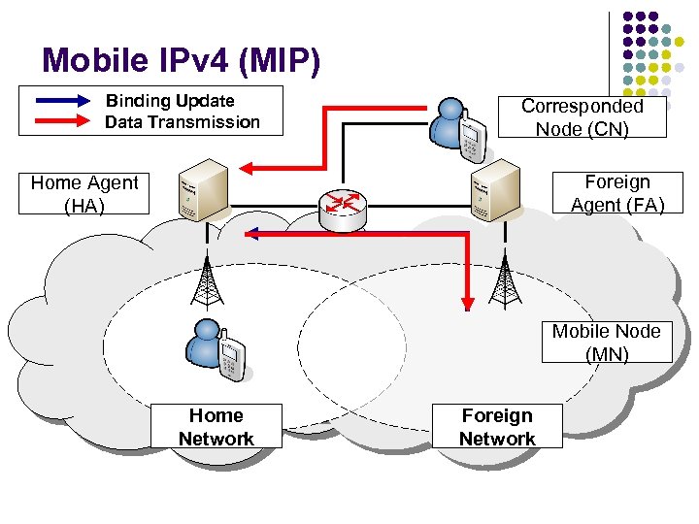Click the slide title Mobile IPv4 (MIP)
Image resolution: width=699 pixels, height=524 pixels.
181,60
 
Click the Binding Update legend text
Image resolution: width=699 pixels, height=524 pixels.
170,101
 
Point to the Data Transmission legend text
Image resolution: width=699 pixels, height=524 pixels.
183,122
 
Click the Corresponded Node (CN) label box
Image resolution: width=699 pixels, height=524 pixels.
582,117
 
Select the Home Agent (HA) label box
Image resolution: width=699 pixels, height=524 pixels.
85,194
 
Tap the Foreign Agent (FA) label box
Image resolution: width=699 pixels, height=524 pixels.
616,193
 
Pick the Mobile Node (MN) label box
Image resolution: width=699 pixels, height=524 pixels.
606,343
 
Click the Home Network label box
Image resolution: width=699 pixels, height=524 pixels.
216,427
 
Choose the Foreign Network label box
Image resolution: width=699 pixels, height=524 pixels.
497,427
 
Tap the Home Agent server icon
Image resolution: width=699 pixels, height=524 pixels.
202,193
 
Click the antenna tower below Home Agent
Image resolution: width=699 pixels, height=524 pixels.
205,281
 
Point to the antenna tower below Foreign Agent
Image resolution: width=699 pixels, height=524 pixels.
503,280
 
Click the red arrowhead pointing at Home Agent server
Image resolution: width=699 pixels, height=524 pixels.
248,169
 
